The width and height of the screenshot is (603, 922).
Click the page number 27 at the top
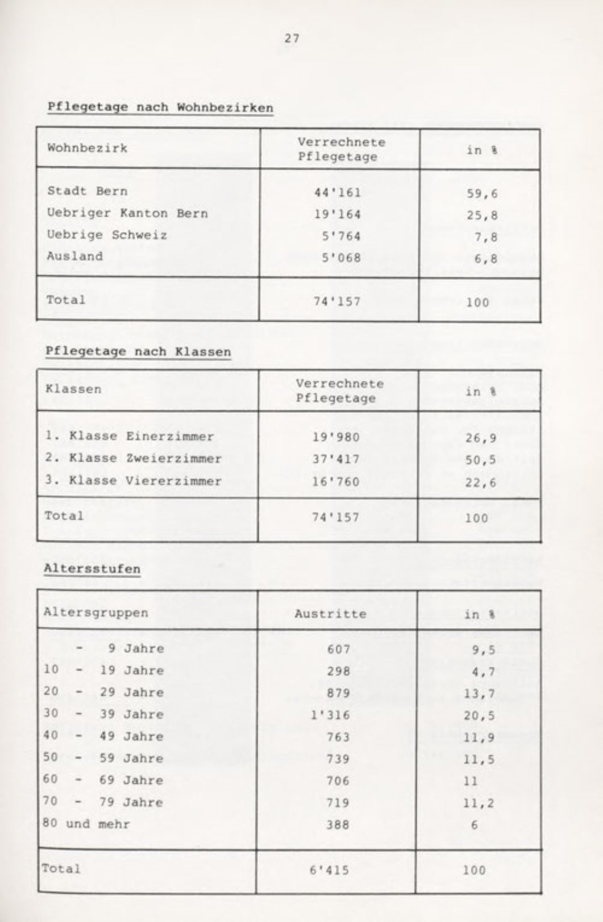(x=292, y=39)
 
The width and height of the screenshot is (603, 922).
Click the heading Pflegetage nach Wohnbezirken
(x=160, y=107)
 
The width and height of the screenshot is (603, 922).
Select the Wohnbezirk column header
(x=87, y=148)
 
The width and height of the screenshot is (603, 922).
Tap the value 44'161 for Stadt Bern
(x=337, y=192)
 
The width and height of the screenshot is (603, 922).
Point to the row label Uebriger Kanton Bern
(x=127, y=214)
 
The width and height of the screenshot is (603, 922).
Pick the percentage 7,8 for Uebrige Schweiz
(x=486, y=236)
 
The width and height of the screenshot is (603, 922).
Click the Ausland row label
(x=75, y=256)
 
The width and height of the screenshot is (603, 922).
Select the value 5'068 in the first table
(x=341, y=258)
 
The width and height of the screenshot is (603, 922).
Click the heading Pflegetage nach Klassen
(x=138, y=352)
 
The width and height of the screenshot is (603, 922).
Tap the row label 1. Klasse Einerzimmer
(x=130, y=437)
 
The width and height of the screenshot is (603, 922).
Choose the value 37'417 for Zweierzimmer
(x=336, y=459)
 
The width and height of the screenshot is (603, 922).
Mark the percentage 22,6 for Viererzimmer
(x=481, y=483)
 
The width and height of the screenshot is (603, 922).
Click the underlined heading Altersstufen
(x=92, y=569)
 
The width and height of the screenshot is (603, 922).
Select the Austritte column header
(x=330, y=614)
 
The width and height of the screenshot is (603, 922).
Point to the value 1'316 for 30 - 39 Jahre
(x=330, y=715)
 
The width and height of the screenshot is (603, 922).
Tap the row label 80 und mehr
(x=86, y=824)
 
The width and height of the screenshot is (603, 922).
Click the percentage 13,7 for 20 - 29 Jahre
(x=479, y=693)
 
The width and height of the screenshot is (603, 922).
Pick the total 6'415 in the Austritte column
(x=330, y=870)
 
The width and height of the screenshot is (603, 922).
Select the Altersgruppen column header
(x=95, y=613)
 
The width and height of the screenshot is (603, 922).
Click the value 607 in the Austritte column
(x=338, y=649)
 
